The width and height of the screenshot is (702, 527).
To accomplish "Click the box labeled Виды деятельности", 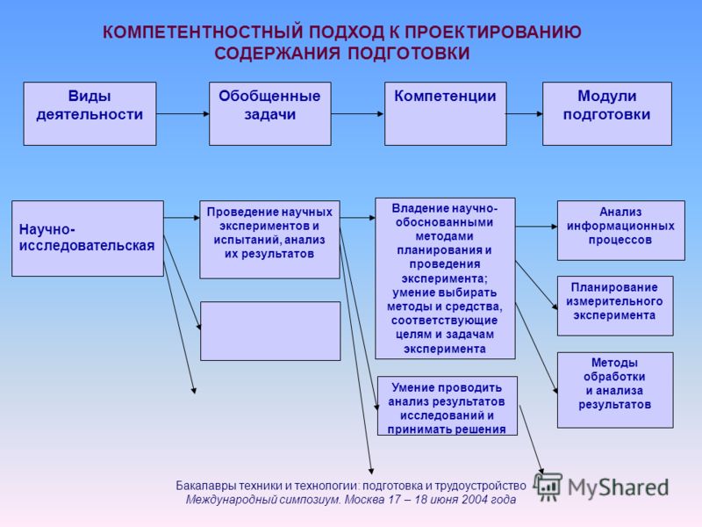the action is [90, 113].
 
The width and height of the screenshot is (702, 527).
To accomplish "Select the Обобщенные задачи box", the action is [270, 113].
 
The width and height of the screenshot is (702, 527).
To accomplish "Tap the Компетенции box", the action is [446, 113].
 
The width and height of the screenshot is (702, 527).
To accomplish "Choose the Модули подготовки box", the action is [607, 113].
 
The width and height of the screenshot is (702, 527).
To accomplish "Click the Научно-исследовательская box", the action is [88, 238].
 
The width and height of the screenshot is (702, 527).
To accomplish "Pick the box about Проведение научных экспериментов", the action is [269, 240].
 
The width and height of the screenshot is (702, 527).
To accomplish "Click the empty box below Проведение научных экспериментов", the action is [270, 331].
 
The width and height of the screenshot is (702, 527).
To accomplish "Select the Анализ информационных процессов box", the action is [621, 230].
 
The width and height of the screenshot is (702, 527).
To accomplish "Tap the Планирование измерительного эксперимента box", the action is [615, 306].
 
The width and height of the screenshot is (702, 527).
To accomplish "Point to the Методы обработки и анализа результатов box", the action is [615, 390].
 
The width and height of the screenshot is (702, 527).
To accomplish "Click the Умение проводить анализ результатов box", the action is [448, 406].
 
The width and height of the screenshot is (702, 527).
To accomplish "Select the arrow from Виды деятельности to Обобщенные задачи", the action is [183, 114].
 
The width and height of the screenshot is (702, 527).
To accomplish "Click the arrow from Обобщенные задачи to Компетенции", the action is [358, 114].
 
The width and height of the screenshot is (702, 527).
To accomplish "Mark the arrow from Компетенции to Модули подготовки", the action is [524, 114].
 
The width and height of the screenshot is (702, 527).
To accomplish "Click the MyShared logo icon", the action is [547, 487].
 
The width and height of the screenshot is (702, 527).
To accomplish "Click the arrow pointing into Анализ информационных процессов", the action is [536, 227].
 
